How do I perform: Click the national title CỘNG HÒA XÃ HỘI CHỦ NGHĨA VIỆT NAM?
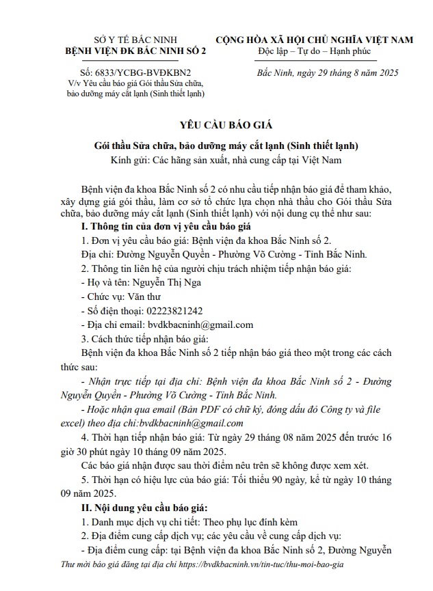(315, 40)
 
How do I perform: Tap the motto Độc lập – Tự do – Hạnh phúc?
(313, 52)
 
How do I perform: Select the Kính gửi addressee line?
(216, 161)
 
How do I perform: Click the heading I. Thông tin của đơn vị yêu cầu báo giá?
(167, 226)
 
